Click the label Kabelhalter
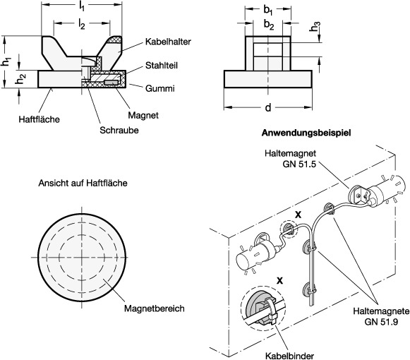[x=168, y=42]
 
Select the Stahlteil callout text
[x=162, y=66]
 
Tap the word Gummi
[x=159, y=88]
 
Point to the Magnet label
[x=143, y=115]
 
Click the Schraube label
[x=119, y=131]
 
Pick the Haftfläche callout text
[x=40, y=119]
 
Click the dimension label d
[x=268, y=107]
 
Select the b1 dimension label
[x=268, y=10]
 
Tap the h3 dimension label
[x=315, y=27]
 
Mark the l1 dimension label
[x=82, y=6]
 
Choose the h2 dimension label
[x=20, y=79]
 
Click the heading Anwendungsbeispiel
[x=306, y=133]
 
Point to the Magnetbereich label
[x=155, y=308]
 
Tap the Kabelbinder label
[x=289, y=356]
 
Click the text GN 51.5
[x=299, y=164]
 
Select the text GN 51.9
[x=382, y=322]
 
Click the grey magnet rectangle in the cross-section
[x=111, y=83]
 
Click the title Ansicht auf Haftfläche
[x=83, y=183]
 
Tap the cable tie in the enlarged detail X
[x=271, y=312]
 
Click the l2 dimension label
[x=82, y=24]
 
